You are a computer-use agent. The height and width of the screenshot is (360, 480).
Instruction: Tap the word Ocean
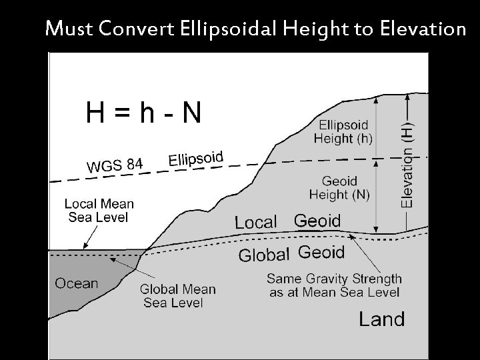click(x=76, y=283)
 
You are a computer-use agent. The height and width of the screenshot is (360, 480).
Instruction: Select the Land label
click(x=381, y=319)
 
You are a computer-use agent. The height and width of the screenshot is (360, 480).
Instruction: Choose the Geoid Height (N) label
click(x=340, y=187)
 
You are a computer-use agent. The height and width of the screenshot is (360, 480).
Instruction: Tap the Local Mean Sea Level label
click(x=99, y=210)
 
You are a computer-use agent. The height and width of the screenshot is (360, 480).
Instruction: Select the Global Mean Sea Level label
click(x=177, y=296)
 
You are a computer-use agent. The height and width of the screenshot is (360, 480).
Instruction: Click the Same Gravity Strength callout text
click(x=333, y=285)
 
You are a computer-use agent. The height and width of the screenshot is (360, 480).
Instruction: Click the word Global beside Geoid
click(x=264, y=255)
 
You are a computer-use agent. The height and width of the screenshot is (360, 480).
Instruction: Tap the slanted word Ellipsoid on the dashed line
click(x=196, y=159)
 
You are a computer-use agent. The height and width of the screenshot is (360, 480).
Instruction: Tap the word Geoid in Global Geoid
click(x=321, y=253)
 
